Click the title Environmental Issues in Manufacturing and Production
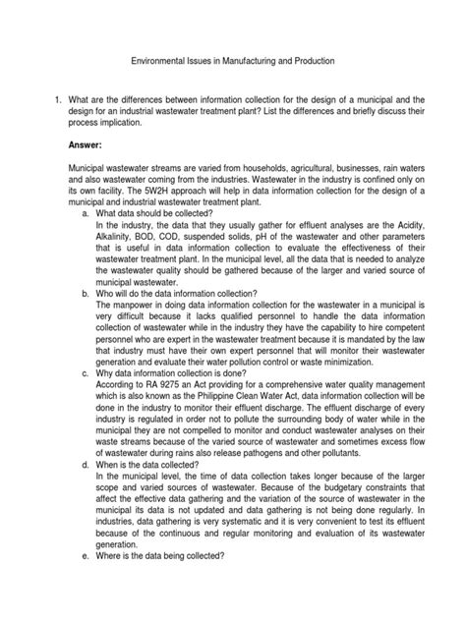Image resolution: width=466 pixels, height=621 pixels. [233, 60]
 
